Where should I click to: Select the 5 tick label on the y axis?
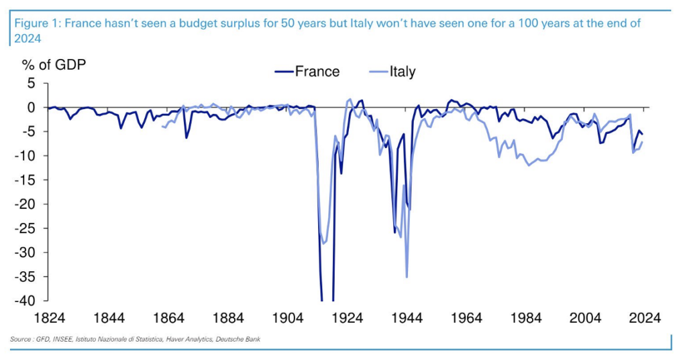click(30, 83)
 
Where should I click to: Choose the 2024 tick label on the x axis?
click(645, 317)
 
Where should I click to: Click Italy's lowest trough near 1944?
click(407, 277)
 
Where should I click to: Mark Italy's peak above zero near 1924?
click(350, 99)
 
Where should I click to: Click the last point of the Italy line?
click(643, 141)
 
